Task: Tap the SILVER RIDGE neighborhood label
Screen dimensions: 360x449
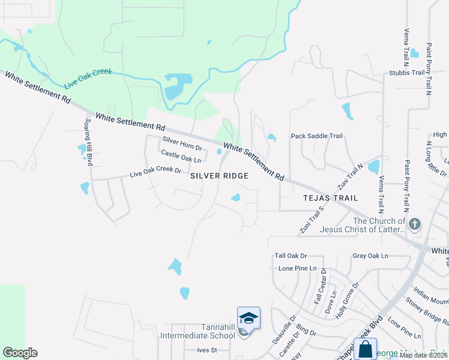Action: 219,176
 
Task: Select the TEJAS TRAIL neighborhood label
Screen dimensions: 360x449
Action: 330,197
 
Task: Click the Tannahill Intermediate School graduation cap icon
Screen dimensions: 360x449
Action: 249,317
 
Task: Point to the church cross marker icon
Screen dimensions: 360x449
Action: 415,224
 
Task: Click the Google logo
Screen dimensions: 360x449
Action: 20,353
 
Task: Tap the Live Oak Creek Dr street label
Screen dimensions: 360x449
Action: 155,173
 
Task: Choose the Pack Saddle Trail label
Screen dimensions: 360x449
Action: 316,136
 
